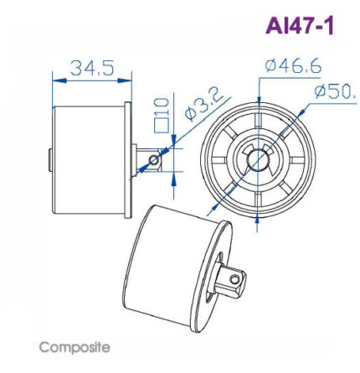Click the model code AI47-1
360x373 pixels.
click(299, 26)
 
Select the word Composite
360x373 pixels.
click(74, 347)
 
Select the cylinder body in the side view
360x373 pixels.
click(88, 156)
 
